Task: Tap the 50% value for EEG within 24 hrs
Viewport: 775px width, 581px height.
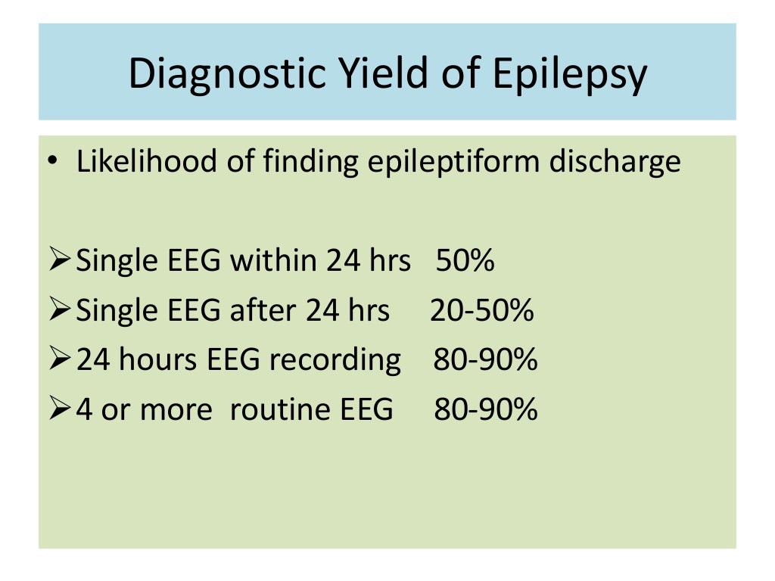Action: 465,261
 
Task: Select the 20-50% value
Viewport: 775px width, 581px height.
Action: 482,310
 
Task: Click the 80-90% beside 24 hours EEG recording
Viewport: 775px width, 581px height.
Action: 485,360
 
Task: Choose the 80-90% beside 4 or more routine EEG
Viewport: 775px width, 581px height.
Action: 485,409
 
